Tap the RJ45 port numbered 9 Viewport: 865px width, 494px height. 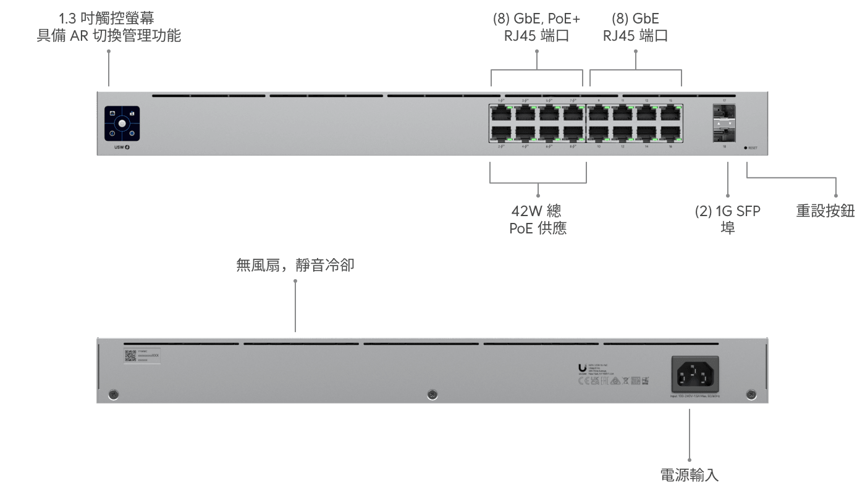[x=598, y=113]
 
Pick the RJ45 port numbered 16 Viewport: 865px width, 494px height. [x=670, y=133]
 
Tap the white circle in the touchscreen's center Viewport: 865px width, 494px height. [x=122, y=124]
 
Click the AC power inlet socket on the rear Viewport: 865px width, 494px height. [x=695, y=372]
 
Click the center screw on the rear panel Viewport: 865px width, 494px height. [x=432, y=394]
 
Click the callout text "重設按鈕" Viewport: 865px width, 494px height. [x=825, y=211]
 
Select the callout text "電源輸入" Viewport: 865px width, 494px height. [x=689, y=475]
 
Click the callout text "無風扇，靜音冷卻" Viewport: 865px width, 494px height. [x=295, y=266]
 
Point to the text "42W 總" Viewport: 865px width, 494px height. [x=536, y=211]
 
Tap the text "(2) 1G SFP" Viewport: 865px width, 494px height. [x=728, y=211]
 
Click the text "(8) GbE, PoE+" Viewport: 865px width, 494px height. [x=536, y=19]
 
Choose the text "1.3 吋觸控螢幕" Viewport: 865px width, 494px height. [x=106, y=19]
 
